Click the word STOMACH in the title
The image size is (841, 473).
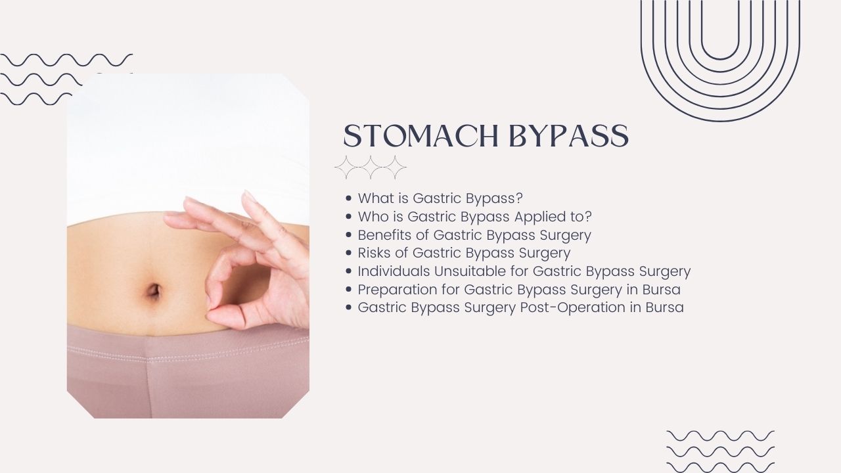coord(421,135)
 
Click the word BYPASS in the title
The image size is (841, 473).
coord(569,135)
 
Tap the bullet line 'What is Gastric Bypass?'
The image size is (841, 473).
coord(440,198)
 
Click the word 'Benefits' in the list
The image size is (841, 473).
coord(384,235)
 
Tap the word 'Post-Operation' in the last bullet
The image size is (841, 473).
coord(572,307)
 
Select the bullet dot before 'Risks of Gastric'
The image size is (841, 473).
coord(349,253)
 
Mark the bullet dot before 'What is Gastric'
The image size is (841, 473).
coord(349,198)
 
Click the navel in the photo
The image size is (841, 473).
coord(153,291)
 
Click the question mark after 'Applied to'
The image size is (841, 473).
coord(588,216)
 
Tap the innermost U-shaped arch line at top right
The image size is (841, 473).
coord(721,59)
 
